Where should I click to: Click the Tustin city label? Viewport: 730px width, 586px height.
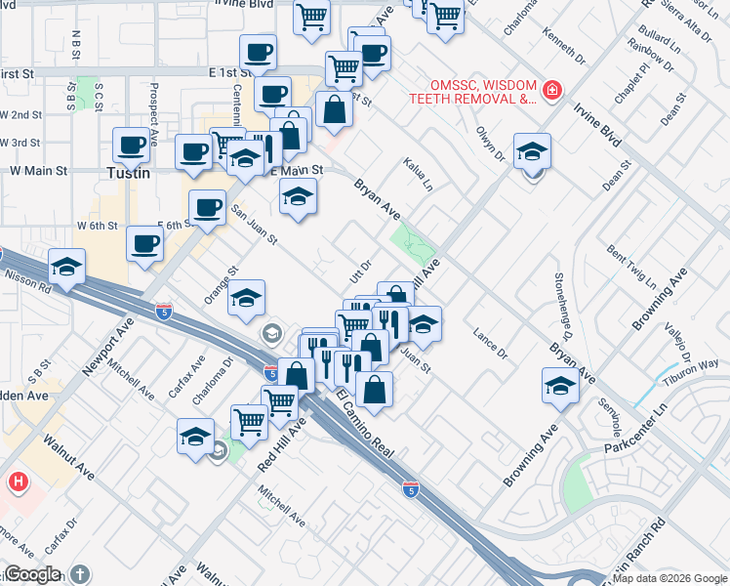128,173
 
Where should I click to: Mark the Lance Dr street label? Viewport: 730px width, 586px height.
490,339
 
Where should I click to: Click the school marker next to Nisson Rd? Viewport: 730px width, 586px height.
66,267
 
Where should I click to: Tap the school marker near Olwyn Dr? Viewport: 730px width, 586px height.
532,151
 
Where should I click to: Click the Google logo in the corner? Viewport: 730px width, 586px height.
32,574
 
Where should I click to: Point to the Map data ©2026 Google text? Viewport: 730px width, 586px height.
669,578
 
